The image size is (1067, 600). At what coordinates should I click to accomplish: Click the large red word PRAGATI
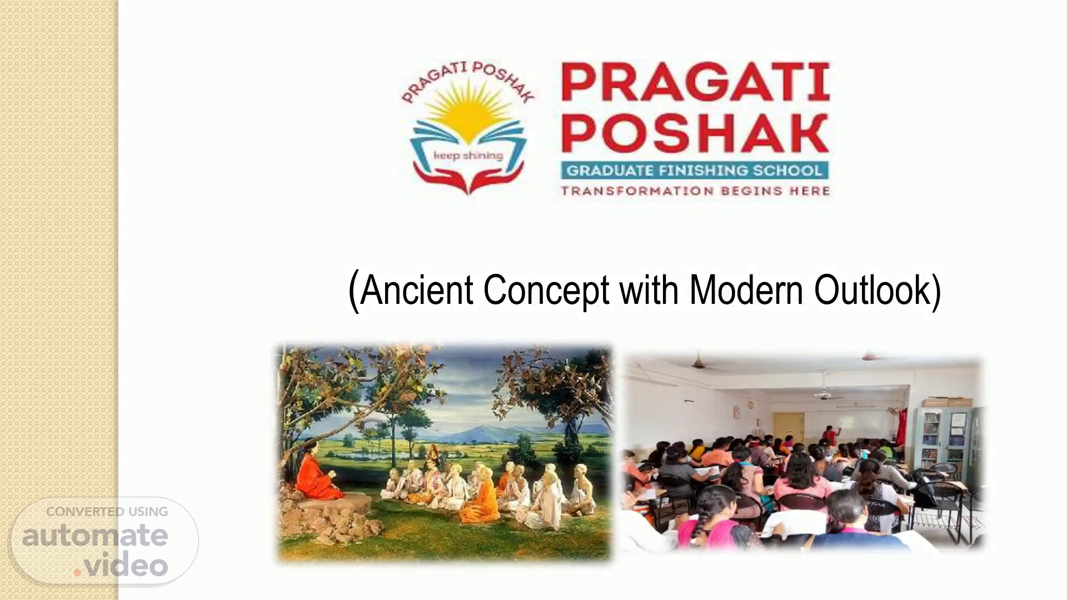(x=695, y=82)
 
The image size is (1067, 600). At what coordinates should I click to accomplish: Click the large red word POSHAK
(x=695, y=133)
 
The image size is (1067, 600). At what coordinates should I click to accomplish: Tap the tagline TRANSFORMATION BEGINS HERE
(x=695, y=191)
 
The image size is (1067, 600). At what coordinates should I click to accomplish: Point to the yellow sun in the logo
(x=468, y=112)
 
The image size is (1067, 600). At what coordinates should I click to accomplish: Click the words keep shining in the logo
(x=468, y=156)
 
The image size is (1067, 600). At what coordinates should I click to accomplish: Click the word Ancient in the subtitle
(x=417, y=290)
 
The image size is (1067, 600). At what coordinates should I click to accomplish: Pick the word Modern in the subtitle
(x=746, y=290)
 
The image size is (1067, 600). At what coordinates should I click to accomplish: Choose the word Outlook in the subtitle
(x=872, y=290)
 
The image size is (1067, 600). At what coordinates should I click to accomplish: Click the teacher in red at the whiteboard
(x=829, y=435)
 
